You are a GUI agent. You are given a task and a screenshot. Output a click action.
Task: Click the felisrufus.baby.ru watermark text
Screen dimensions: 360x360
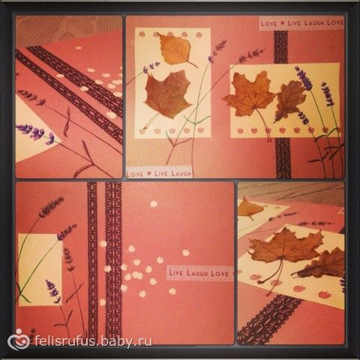click(93, 340)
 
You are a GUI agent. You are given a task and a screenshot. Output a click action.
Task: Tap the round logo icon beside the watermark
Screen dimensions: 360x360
click(19, 340)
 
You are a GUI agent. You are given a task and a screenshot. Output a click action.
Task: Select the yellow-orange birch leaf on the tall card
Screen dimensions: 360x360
click(175, 49)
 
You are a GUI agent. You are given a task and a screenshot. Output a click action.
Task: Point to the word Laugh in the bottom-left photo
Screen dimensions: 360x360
click(198, 273)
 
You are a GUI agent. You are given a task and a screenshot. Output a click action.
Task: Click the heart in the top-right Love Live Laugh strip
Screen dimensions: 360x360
click(283, 23)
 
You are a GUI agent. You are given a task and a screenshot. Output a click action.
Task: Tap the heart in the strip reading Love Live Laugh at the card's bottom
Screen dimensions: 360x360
click(149, 173)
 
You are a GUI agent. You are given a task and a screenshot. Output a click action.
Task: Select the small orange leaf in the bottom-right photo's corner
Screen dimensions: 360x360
click(250, 208)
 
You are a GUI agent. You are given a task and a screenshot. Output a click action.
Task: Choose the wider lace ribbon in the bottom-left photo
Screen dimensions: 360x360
click(113, 260)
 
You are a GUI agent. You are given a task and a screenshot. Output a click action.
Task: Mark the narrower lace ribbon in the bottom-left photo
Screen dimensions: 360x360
click(92, 260)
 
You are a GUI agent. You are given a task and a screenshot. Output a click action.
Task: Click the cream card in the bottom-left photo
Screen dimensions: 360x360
click(40, 270)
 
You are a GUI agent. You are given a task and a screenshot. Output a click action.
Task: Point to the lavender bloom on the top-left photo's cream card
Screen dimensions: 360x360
click(36, 132)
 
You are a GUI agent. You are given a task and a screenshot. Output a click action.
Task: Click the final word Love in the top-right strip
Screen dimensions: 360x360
click(335, 22)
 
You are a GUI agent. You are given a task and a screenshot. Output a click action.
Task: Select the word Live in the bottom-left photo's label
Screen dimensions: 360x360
click(176, 272)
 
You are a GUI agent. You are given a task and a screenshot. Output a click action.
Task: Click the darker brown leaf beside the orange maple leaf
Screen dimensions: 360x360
click(290, 100)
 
